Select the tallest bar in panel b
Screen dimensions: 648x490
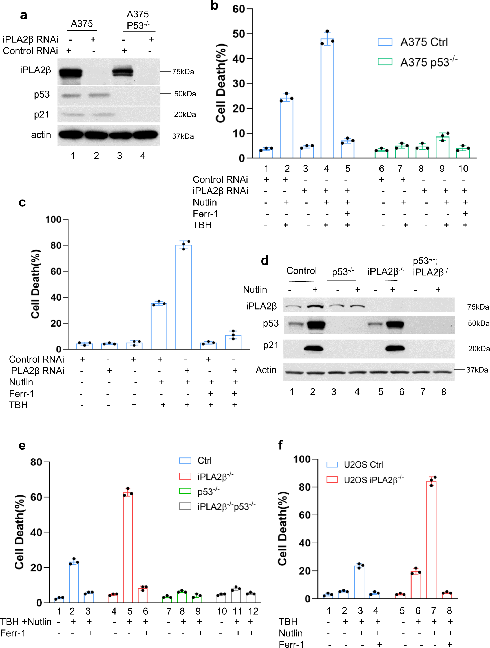click(327, 98)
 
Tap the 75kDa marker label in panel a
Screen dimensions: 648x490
click(183, 72)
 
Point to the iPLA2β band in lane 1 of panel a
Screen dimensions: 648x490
click(70, 72)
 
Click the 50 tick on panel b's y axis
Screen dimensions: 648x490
click(239, 34)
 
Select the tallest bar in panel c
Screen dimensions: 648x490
click(184, 297)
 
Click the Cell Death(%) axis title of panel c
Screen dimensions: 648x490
click(36, 284)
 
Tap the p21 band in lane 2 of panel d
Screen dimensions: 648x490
click(314, 348)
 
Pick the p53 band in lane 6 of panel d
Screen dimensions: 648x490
click(395, 324)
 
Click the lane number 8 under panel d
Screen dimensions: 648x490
click(443, 392)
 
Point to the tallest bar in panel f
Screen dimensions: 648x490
click(431, 540)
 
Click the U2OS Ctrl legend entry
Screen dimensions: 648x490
click(355, 465)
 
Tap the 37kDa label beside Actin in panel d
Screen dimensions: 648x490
click(477, 370)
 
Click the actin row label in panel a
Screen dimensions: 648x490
click(41, 135)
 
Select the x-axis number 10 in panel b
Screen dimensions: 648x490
click(463, 169)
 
